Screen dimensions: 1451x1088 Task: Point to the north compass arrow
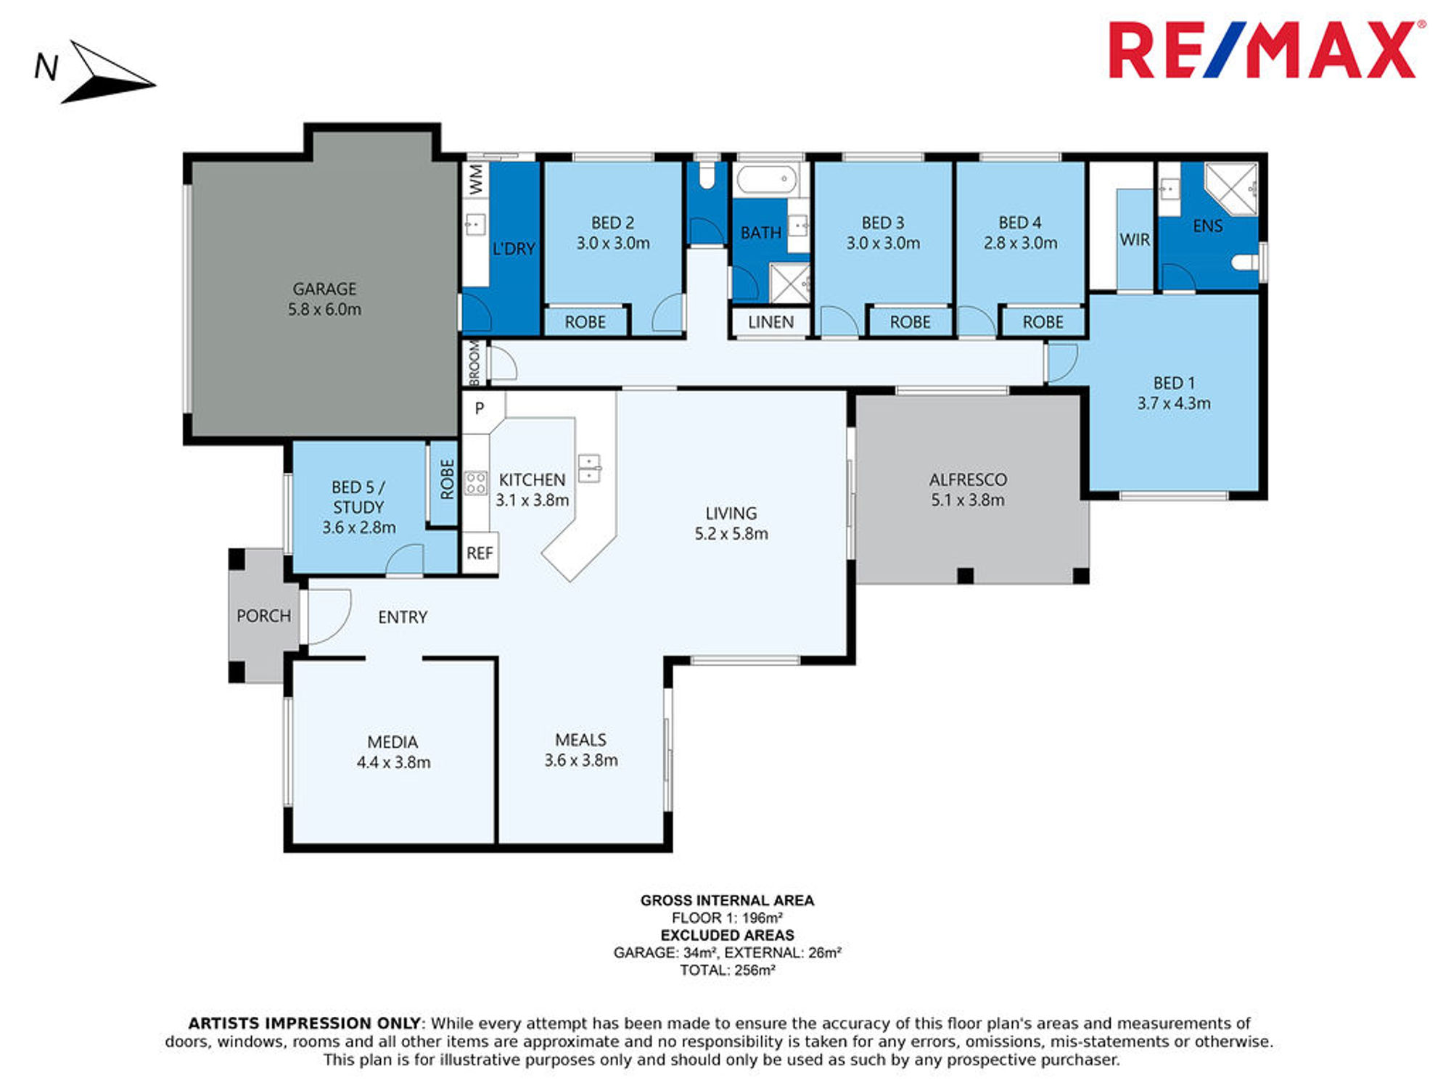click(109, 73)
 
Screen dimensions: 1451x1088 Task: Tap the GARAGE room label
click(324, 289)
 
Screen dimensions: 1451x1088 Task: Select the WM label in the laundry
click(476, 179)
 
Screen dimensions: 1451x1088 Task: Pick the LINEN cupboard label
click(770, 322)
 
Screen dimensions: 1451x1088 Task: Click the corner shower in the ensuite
click(1231, 189)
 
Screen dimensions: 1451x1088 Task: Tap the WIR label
click(1135, 239)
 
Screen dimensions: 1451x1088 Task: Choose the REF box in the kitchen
click(480, 553)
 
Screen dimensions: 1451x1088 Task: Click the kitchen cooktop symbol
click(475, 482)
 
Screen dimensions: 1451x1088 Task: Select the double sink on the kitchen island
click(589, 468)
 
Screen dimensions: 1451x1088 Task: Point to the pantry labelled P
click(480, 408)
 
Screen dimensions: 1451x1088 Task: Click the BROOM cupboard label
click(474, 363)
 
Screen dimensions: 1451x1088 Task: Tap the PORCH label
click(263, 616)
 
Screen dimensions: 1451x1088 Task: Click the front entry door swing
click(328, 617)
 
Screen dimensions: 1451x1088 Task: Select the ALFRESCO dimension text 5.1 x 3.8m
click(968, 500)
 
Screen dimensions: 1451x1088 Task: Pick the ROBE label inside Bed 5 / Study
click(447, 479)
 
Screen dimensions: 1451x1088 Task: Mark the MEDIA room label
click(392, 742)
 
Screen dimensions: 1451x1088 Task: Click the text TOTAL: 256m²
click(728, 970)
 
